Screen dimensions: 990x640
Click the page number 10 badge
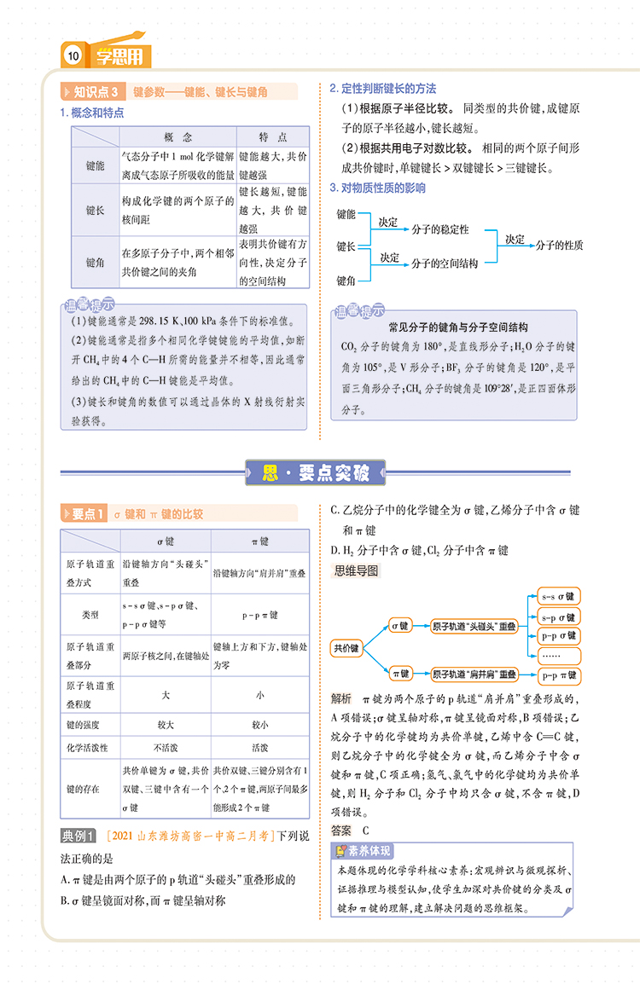(x=73, y=57)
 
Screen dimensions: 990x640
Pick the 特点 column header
(x=273, y=137)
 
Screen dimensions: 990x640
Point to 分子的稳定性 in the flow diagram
(x=439, y=229)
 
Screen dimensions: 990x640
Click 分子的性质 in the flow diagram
(x=559, y=245)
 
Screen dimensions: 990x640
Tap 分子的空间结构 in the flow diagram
(x=444, y=263)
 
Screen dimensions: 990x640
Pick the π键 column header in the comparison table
(x=259, y=541)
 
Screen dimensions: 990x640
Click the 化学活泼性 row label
(x=89, y=748)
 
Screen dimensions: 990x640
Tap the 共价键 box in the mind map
(x=346, y=649)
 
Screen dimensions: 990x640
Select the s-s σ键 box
(x=560, y=597)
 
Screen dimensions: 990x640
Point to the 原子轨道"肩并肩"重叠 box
(x=474, y=674)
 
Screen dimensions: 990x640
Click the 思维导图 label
(x=357, y=570)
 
